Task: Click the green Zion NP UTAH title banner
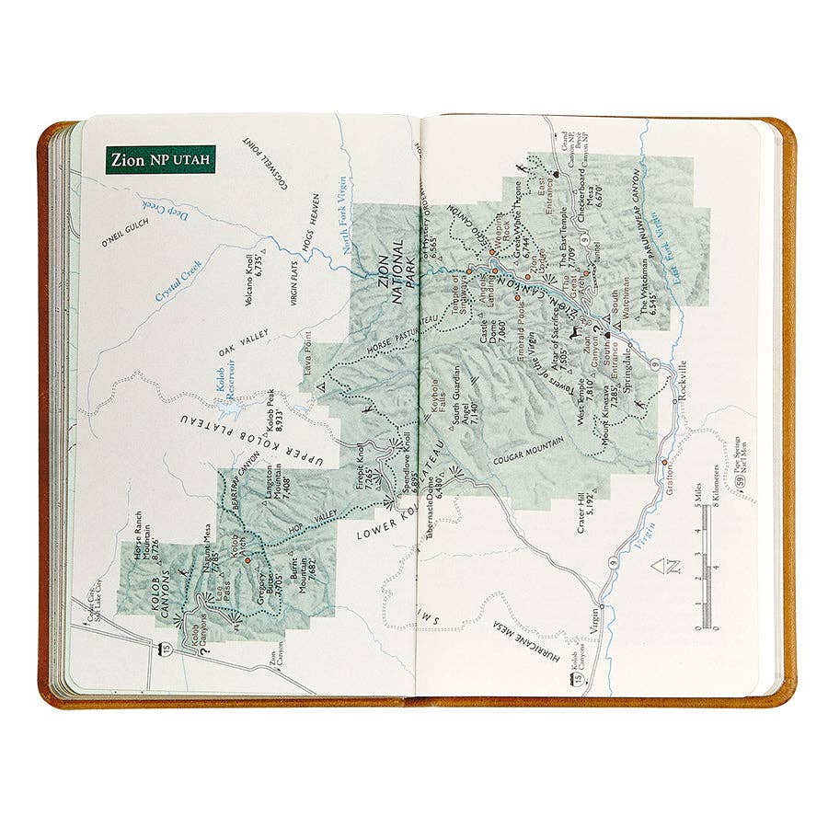tap(160, 159)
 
